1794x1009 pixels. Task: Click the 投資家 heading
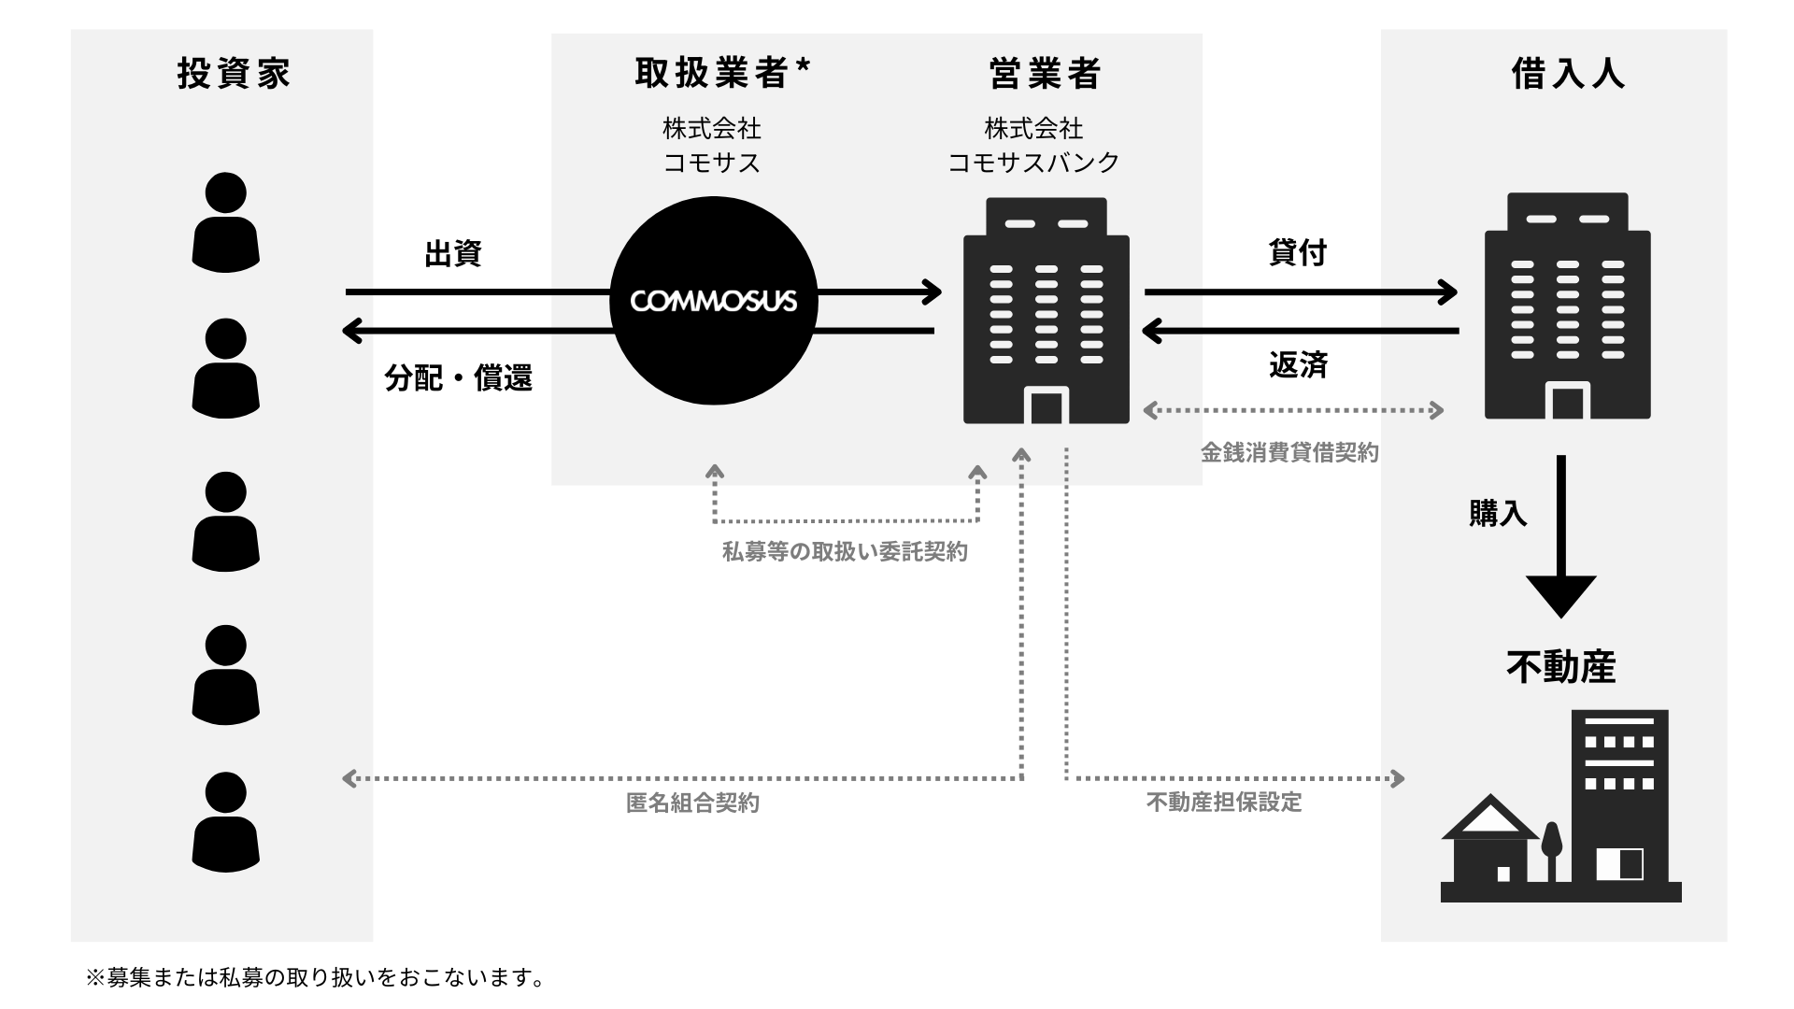234,73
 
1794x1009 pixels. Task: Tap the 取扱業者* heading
722,73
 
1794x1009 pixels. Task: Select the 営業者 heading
1045,73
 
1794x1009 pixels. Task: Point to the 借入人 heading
1568,73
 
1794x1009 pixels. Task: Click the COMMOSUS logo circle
714,301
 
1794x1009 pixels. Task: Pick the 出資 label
452,253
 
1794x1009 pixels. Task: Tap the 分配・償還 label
458,377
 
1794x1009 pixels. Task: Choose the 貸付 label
1298,252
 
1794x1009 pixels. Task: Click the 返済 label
1298,365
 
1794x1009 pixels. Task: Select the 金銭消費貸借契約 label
1289,453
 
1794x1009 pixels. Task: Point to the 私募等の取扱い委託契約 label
845,552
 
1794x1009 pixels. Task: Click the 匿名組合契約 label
692,803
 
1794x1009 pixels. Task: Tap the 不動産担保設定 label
1224,803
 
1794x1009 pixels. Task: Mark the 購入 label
1498,513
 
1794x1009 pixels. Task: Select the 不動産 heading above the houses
1560,667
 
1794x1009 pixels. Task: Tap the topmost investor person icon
225,222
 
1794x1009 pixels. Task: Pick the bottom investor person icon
225,822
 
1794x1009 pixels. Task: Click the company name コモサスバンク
1033,163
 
